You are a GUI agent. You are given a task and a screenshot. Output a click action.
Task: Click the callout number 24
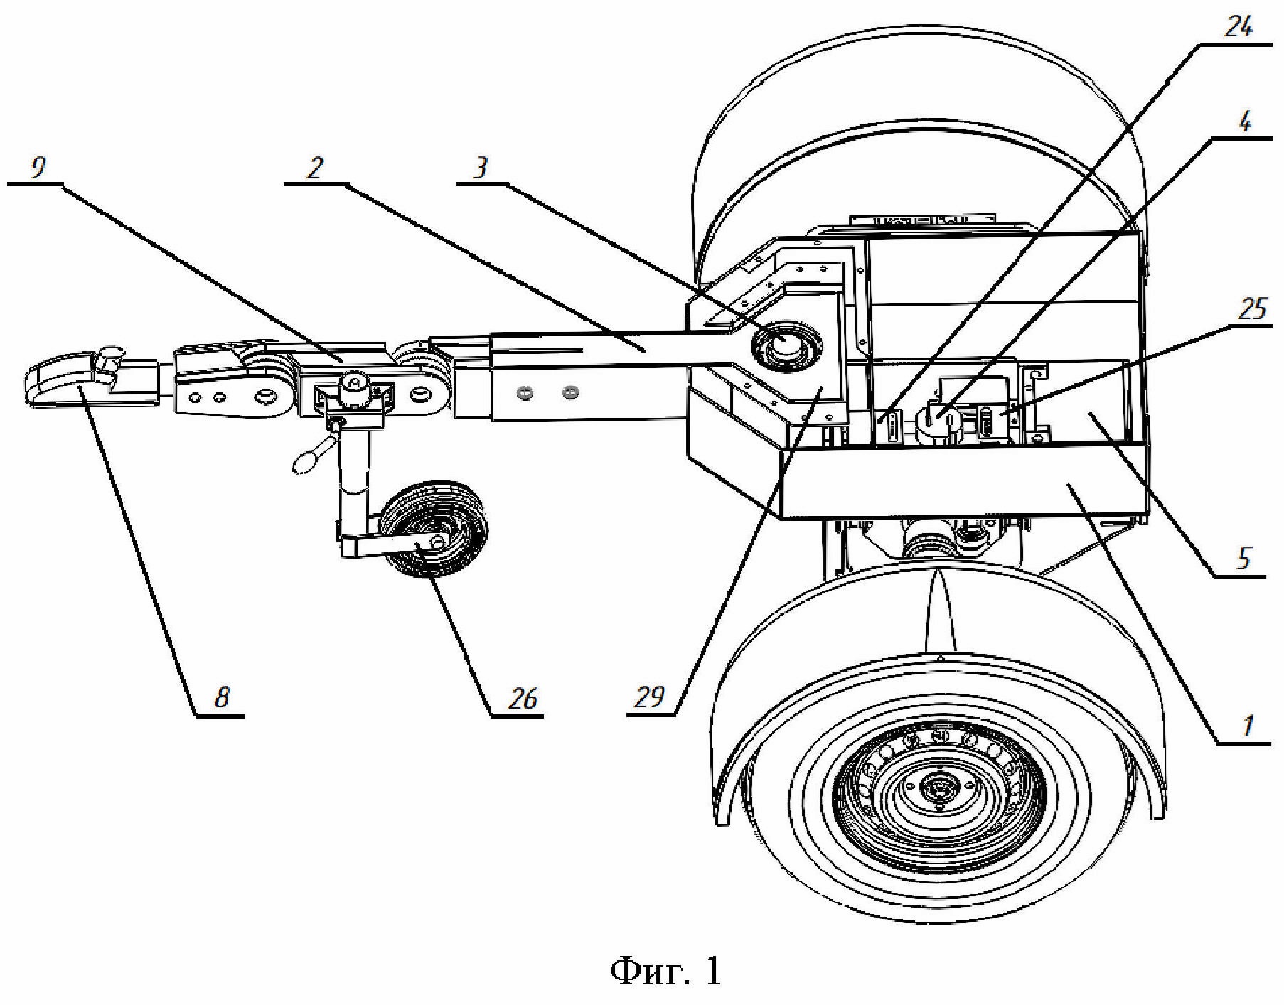(x=1238, y=26)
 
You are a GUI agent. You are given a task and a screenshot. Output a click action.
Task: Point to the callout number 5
(x=1243, y=558)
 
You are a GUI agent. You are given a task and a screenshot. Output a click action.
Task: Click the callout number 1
(x=1247, y=726)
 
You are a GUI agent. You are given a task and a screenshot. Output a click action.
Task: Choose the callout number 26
(x=523, y=699)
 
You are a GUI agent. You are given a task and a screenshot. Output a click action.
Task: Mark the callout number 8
(x=222, y=697)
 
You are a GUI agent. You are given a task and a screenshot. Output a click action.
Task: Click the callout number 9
(x=38, y=167)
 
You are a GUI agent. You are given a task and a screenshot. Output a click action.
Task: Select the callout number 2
(x=314, y=167)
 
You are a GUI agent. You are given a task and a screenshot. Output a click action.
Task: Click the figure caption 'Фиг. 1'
(x=665, y=969)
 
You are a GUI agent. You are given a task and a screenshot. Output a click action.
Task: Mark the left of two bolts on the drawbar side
(x=527, y=391)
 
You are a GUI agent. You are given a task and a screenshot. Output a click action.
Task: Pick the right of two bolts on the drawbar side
(x=568, y=391)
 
